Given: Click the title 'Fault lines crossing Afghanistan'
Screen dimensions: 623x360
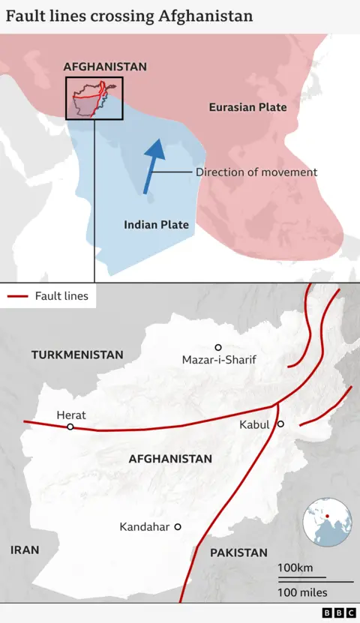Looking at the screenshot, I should (129, 16).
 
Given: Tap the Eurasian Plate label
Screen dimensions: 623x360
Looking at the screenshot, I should (247, 107).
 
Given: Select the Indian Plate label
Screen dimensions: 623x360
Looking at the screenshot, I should (156, 224).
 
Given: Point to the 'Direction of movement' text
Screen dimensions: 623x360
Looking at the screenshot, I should (256, 172).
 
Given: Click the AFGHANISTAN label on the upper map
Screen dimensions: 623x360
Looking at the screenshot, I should (105, 67).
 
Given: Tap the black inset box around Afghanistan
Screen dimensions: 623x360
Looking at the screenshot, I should (94, 98).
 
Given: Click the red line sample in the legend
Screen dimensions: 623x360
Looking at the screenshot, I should (17, 297).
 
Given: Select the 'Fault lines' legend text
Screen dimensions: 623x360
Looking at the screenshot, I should (61, 296).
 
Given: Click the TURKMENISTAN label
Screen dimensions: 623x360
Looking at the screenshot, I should (77, 355).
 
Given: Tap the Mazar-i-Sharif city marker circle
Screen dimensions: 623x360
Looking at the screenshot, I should (218, 347).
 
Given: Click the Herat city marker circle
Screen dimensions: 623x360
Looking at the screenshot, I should (70, 427).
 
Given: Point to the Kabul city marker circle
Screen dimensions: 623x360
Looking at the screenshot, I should (280, 424).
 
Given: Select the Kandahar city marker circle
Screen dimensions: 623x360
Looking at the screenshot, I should (178, 527).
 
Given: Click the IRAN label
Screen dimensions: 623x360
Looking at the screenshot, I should (25, 550).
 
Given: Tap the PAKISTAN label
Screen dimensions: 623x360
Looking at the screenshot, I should (238, 553).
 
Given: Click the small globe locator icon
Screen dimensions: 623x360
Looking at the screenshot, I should (328, 522).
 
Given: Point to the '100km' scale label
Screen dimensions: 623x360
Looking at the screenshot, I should (295, 568).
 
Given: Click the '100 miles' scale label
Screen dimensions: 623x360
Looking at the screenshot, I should (302, 593).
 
